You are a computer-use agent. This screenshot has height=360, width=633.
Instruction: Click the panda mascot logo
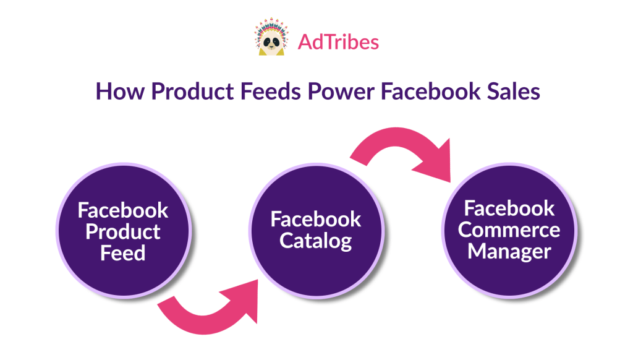[x=271, y=36]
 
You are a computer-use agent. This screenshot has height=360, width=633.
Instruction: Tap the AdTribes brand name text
[x=338, y=42]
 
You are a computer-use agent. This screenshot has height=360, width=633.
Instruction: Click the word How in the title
[x=120, y=91]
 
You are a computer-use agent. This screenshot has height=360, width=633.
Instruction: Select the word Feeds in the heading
[x=271, y=91]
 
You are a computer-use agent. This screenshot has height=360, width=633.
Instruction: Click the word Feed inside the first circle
[x=123, y=254]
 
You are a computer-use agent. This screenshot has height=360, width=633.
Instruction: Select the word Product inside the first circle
[x=123, y=232]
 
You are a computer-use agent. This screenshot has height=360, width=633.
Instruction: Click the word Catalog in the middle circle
[x=316, y=242]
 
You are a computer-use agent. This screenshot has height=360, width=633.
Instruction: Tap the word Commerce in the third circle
[x=509, y=230]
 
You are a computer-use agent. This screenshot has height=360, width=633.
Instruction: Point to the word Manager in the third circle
[x=509, y=252]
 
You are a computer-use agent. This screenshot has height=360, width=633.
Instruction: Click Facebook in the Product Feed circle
[x=123, y=210]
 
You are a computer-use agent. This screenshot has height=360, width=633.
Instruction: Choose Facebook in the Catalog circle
[x=316, y=219]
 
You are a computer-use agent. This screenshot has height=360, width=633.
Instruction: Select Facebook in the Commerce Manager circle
[x=509, y=208]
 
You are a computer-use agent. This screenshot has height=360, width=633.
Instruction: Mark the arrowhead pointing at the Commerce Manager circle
[x=436, y=164]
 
